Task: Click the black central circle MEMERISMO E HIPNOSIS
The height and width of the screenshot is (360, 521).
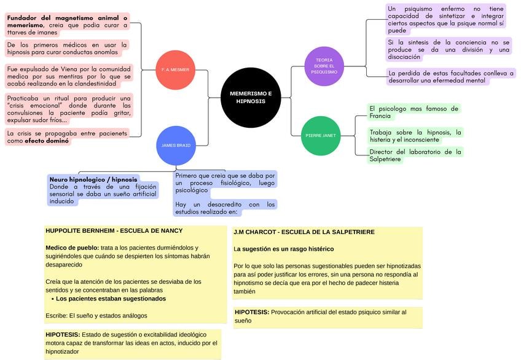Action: click(x=250, y=97)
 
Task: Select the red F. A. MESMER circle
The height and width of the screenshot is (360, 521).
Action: click(x=175, y=70)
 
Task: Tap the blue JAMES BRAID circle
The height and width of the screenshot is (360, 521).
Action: click(x=176, y=146)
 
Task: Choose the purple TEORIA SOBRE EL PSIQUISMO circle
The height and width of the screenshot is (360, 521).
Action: click(x=324, y=66)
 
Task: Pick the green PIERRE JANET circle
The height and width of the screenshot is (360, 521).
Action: click(x=321, y=135)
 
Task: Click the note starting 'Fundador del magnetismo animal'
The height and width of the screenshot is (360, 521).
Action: click(x=67, y=25)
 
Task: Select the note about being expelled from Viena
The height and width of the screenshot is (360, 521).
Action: click(x=67, y=76)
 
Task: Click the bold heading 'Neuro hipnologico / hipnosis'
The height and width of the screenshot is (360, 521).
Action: click(x=93, y=179)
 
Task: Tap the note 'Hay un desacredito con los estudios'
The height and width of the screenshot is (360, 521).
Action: click(x=225, y=208)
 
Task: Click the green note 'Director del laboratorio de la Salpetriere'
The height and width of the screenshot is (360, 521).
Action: click(x=415, y=155)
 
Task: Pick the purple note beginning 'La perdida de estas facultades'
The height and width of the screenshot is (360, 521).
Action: click(x=450, y=77)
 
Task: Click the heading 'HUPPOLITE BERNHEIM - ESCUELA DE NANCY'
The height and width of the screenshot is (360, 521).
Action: click(x=114, y=231)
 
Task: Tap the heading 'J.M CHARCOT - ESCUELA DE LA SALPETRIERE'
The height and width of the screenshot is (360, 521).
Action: click(x=304, y=232)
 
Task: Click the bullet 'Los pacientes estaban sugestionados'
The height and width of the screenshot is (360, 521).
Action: click(x=111, y=299)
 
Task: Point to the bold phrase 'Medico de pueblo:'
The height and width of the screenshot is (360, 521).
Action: click(x=72, y=248)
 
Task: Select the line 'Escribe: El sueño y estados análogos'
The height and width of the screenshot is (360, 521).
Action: click(x=96, y=316)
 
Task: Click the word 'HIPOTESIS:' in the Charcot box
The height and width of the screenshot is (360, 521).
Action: click(x=251, y=312)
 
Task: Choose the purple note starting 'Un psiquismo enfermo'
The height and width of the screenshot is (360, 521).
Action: click(x=445, y=20)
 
